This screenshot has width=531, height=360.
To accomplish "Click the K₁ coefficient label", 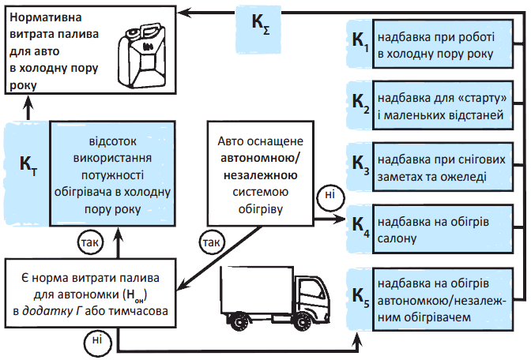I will (360, 46).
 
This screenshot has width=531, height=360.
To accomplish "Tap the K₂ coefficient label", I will (360, 103).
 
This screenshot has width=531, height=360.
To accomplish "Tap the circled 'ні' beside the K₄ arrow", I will (326, 195).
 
